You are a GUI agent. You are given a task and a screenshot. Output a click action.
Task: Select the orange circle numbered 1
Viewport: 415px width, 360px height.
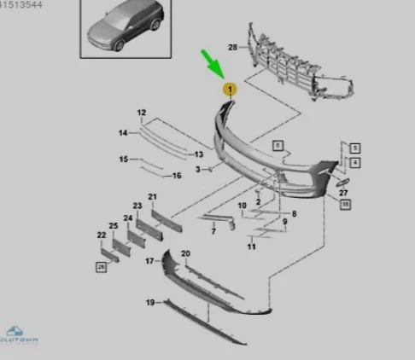pos(229,87)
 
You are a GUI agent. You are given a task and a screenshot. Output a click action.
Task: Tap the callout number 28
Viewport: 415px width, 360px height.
pos(232,47)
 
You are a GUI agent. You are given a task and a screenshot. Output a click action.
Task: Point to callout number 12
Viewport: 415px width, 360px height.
pos(142,113)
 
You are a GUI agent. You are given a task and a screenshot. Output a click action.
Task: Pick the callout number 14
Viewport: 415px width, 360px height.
pos(123,133)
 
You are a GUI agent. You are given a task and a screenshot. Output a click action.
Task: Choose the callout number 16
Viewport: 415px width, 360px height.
pos(177,176)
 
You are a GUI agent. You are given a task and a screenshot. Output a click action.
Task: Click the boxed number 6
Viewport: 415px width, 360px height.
pos(278,146)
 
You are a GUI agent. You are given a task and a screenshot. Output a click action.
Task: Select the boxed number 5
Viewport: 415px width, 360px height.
pos(354,148)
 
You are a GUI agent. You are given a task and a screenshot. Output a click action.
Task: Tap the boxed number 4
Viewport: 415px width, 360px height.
pos(354,162)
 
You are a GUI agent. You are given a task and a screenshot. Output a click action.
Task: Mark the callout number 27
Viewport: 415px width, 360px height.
pos(343,194)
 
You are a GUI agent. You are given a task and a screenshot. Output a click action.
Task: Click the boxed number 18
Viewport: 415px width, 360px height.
pos(344,206)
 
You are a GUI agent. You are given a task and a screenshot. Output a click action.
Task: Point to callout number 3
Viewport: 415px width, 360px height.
pos(197,170)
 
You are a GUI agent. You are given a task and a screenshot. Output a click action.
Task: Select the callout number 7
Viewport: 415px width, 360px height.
pos(213,231)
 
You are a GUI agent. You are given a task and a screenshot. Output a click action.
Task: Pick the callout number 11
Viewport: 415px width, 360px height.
pos(251,247)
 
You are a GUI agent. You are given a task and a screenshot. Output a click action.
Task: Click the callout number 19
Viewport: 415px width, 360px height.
pos(150,303)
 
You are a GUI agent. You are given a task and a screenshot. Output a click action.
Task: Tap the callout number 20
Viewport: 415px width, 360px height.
pos(185,254)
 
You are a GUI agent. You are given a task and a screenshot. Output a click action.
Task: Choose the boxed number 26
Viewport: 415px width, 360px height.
pos(101,267)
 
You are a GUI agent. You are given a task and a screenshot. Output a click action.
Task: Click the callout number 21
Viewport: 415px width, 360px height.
pos(153,197)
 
